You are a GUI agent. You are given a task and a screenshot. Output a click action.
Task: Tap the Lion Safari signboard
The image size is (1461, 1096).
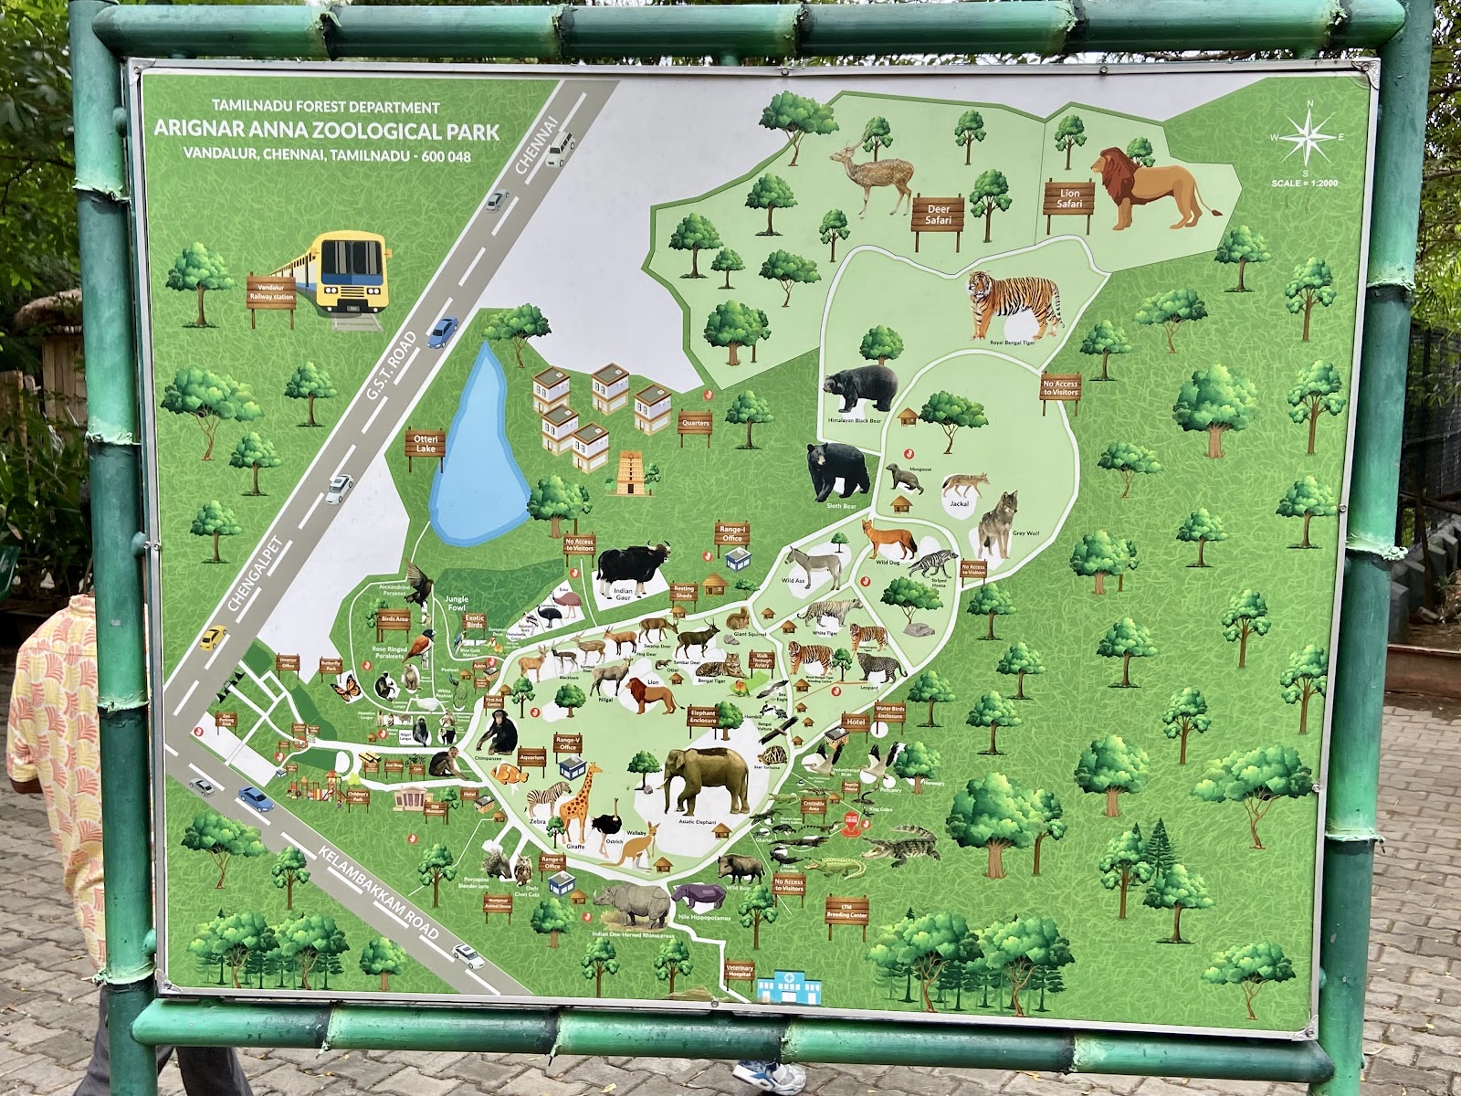point(1069,198)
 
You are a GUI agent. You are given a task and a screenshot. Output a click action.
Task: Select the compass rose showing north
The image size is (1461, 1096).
point(1308,139)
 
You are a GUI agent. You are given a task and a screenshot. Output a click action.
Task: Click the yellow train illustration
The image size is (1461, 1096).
point(341,272)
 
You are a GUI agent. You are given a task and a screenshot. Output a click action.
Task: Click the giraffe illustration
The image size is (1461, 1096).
point(578,803)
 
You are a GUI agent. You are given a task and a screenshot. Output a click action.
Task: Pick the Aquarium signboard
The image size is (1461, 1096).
point(531,758)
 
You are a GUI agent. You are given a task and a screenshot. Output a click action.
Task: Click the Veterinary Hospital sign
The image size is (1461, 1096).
point(739,972)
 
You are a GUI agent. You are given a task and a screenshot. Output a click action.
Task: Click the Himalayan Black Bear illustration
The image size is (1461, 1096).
point(862,387)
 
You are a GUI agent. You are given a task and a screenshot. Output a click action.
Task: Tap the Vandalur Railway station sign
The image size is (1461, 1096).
point(271,291)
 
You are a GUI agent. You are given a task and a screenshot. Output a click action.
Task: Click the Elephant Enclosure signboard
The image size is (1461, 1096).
point(703,717)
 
